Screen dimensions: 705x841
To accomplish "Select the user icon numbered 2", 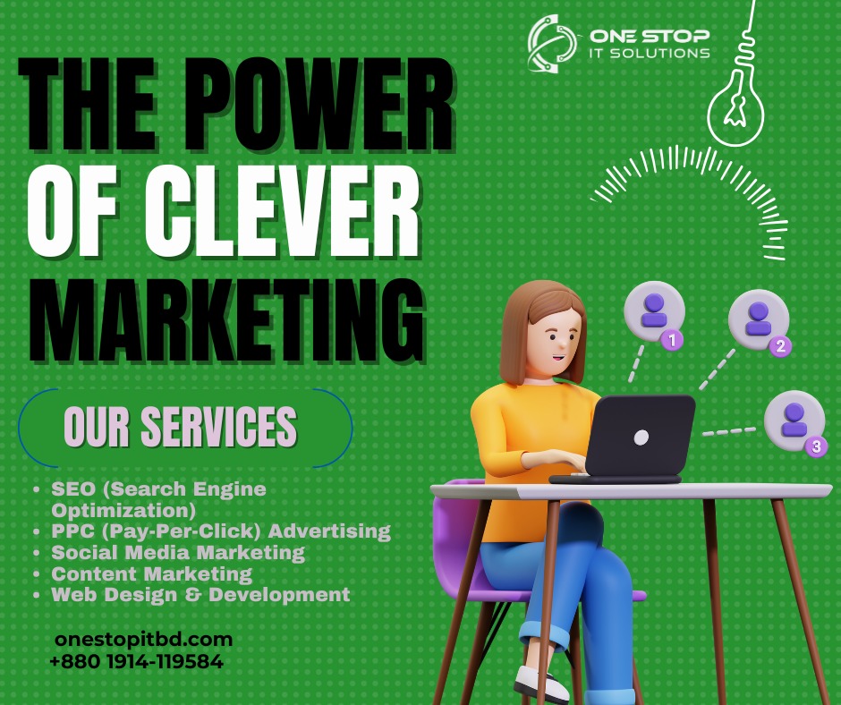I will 759,318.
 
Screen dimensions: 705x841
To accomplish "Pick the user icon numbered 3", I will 794,419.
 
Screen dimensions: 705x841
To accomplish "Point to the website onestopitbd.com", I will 143,640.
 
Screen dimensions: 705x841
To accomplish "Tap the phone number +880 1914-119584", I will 136,662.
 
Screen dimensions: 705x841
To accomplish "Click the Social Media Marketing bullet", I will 177,553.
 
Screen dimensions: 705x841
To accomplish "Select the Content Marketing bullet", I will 151,573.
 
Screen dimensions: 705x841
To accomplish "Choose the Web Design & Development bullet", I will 200,594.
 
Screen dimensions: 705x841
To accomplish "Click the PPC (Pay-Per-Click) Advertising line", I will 221,531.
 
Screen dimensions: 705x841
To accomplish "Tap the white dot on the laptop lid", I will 641,437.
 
